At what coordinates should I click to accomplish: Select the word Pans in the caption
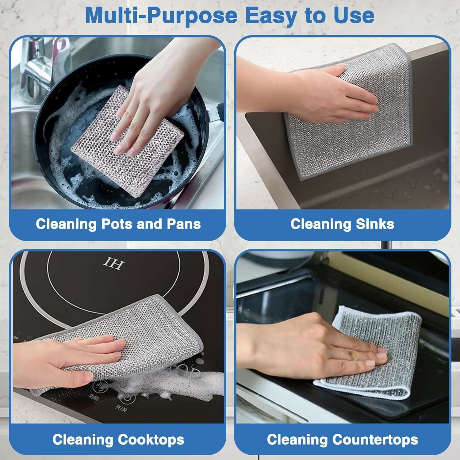(184, 224)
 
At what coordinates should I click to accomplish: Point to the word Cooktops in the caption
(151, 440)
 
